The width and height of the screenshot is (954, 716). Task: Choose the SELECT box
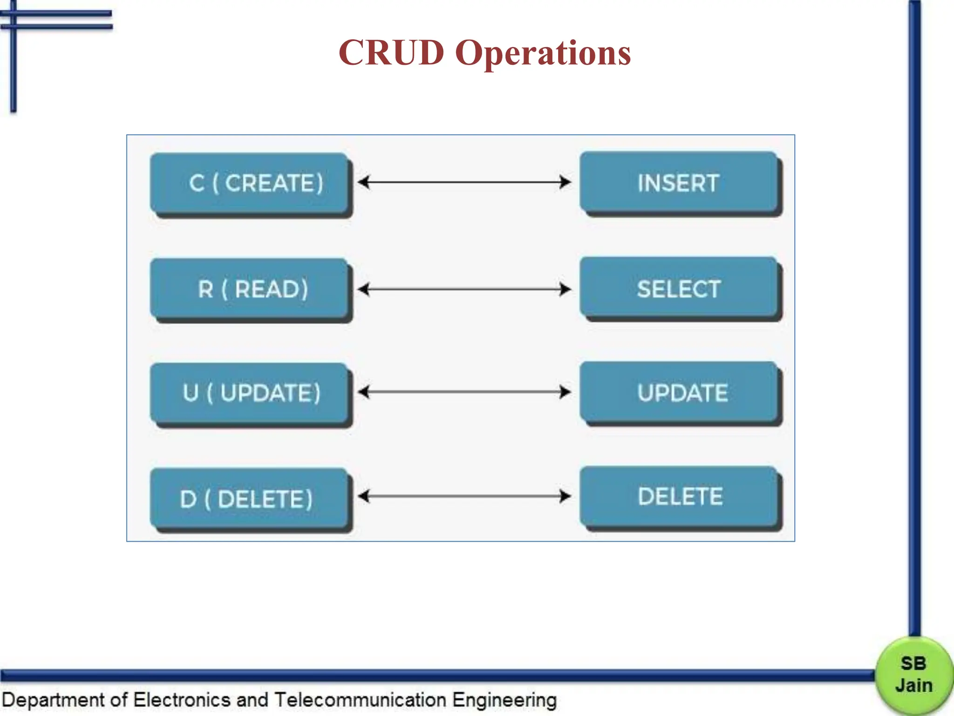click(679, 289)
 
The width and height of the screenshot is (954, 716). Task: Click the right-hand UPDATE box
click(679, 392)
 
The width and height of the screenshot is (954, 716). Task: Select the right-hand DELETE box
click(679, 496)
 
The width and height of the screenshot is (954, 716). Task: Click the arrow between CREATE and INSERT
click(464, 182)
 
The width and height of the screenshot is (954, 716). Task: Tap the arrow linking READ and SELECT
click(464, 289)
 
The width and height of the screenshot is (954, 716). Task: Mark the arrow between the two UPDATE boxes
click(464, 392)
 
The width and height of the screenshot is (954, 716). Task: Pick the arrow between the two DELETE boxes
click(464, 496)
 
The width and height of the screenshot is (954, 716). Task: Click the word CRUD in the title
click(391, 52)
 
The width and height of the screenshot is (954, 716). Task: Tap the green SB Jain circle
click(914, 675)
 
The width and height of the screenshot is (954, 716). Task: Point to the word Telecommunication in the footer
click(360, 700)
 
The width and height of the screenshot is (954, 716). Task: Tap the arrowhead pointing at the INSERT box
click(565, 182)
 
